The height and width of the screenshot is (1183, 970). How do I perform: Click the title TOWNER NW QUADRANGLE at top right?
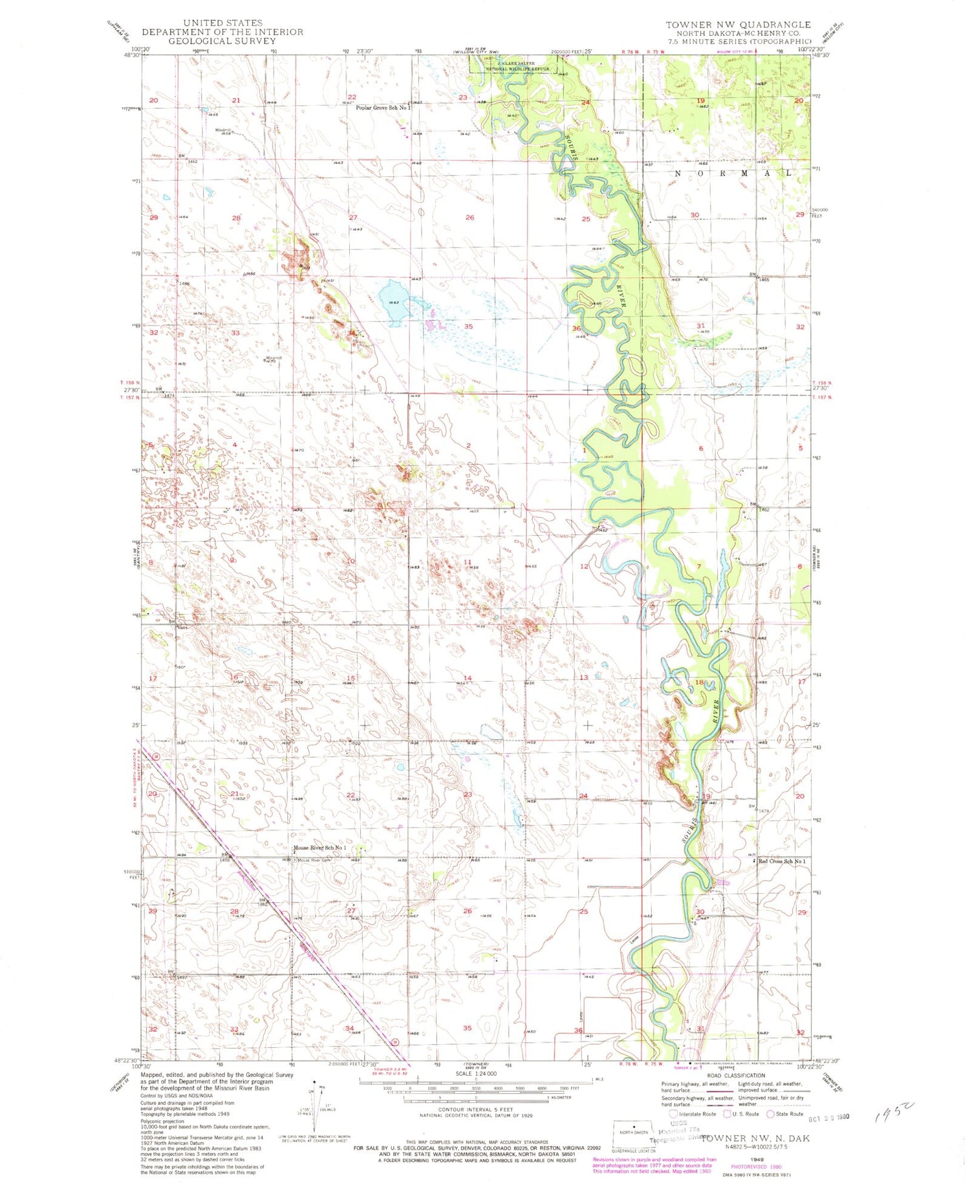click(738, 25)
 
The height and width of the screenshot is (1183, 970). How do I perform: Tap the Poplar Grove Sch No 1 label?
click(383, 108)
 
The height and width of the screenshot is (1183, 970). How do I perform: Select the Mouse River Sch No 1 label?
click(319, 847)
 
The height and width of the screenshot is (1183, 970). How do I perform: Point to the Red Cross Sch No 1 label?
click(782, 861)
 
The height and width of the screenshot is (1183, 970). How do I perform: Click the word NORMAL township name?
click(733, 173)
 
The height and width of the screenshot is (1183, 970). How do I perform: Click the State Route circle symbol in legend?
click(770, 1114)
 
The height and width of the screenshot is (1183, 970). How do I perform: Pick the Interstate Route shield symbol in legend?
click(673, 1114)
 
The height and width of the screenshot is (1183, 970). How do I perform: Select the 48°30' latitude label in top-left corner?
click(132, 56)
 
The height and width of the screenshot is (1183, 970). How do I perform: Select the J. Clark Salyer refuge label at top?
click(517, 65)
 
